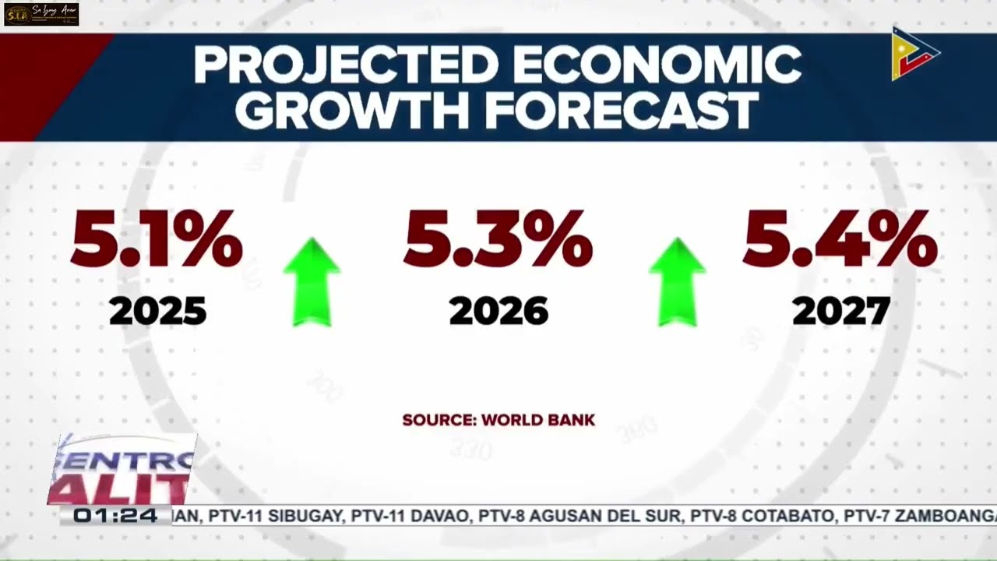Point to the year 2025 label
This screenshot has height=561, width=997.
(157, 312)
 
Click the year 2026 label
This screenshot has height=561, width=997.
(498, 312)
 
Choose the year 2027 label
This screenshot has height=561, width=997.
(840, 312)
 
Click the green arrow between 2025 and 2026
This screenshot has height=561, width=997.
(312, 282)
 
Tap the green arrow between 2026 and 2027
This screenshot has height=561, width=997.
(677, 282)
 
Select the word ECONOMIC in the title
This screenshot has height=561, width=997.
(657, 65)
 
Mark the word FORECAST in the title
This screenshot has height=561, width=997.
(621, 111)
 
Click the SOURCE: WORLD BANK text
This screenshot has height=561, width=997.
(498, 420)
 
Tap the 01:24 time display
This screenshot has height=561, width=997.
(115, 516)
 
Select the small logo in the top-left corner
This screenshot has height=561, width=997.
(41, 14)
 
